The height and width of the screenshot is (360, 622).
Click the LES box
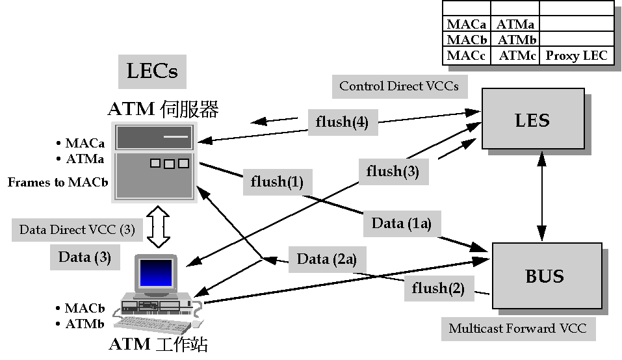pyautogui.click(x=532, y=120)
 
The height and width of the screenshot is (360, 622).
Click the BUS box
pyautogui.click(x=544, y=277)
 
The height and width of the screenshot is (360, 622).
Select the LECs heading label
pyautogui.click(x=152, y=71)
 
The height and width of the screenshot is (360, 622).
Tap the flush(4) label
pyautogui.click(x=342, y=122)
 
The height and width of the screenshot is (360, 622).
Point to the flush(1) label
pyautogui.click(x=277, y=182)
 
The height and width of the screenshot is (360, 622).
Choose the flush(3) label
pyautogui.click(x=393, y=171)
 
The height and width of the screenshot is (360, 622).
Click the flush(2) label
pyautogui.click(x=438, y=288)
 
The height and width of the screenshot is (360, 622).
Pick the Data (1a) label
pyautogui.click(x=402, y=224)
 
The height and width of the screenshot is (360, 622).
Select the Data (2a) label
pyautogui.click(x=327, y=259)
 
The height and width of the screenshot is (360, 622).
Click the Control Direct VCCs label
pyautogui.click(x=399, y=86)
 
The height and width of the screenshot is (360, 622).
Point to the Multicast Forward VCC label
pyautogui.click(x=517, y=328)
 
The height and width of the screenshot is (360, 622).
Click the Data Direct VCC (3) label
pyautogui.click(x=77, y=229)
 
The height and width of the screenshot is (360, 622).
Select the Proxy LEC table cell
pyautogui.click(x=577, y=56)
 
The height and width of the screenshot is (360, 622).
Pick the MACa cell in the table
pyautogui.click(x=466, y=25)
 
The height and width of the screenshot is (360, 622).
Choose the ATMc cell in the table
pyautogui.click(x=517, y=56)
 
